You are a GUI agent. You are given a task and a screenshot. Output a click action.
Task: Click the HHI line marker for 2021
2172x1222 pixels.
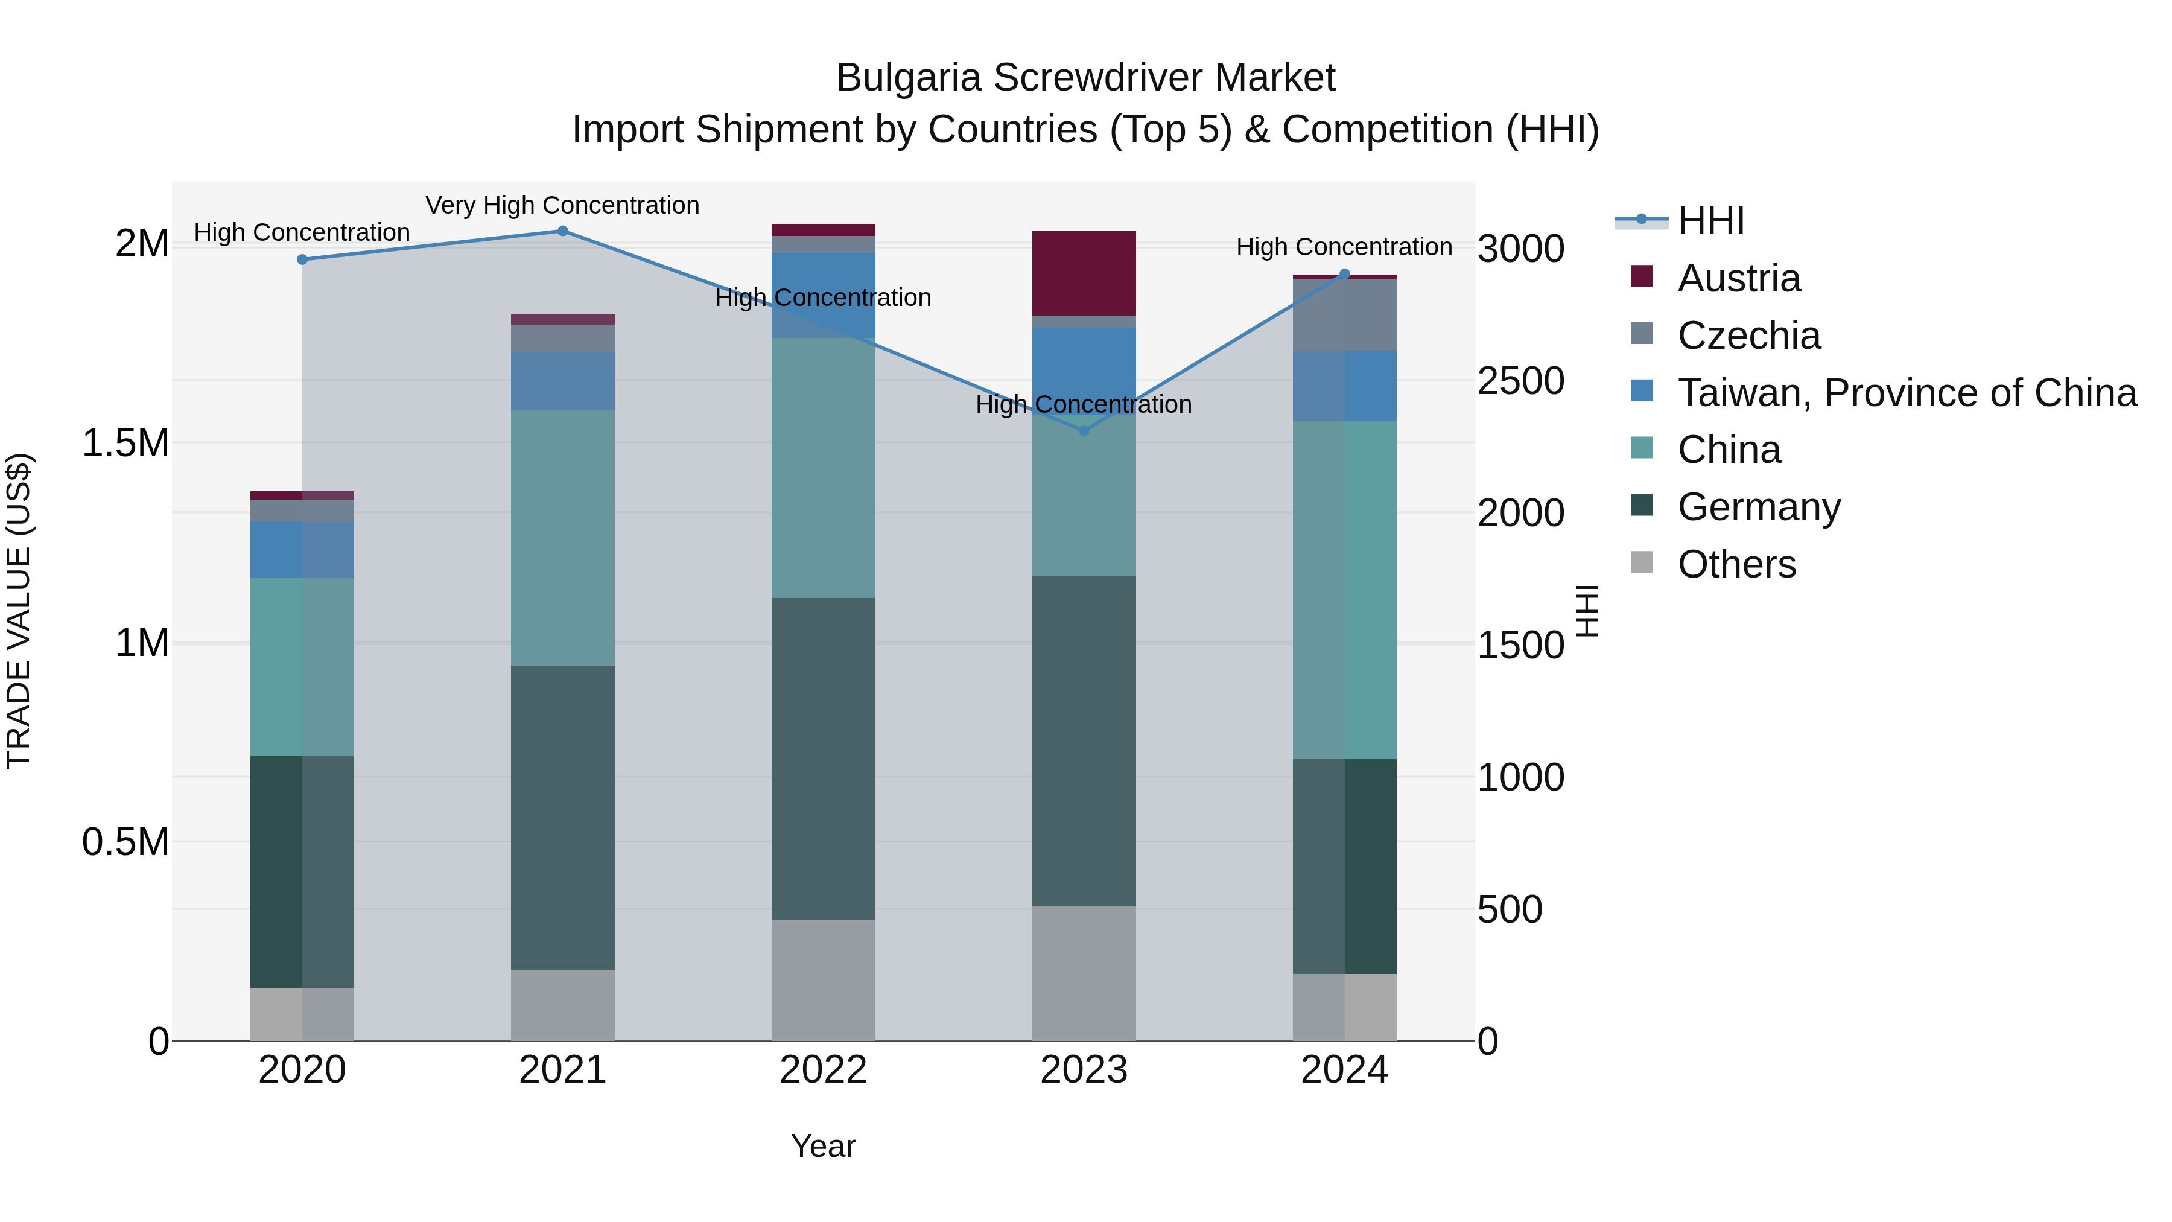coord(562,231)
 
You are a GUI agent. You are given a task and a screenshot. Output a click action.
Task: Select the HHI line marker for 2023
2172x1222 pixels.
coord(1084,431)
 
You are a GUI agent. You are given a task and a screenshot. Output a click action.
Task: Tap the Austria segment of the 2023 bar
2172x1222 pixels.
coord(1084,273)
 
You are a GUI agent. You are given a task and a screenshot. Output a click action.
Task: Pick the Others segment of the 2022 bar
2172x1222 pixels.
coord(823,980)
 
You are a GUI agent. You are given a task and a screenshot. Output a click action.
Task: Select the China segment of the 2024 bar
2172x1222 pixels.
coord(1344,590)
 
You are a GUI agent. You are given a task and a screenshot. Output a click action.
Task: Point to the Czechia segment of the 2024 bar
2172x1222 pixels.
coord(1344,314)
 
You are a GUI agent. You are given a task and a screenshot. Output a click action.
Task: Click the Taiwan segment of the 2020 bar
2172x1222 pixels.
coord(302,549)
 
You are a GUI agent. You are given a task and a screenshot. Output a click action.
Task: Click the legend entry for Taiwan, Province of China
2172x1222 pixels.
coord(1905,393)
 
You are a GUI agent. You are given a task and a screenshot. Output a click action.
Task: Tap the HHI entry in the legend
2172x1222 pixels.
coord(1710,221)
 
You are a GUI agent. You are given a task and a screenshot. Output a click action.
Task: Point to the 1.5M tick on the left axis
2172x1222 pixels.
coord(125,444)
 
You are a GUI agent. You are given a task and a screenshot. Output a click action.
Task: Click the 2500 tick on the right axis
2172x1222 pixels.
coord(1520,381)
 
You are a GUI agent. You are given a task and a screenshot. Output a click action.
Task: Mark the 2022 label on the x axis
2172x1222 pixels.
coord(823,1070)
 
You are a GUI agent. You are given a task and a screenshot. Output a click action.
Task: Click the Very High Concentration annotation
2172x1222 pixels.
coord(562,205)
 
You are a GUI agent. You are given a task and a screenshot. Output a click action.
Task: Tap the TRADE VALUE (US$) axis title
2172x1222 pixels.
coord(19,611)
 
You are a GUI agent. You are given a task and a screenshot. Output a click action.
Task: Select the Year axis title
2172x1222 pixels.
coord(823,1146)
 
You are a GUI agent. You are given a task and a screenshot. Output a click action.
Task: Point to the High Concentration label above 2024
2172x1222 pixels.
coord(1344,247)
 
